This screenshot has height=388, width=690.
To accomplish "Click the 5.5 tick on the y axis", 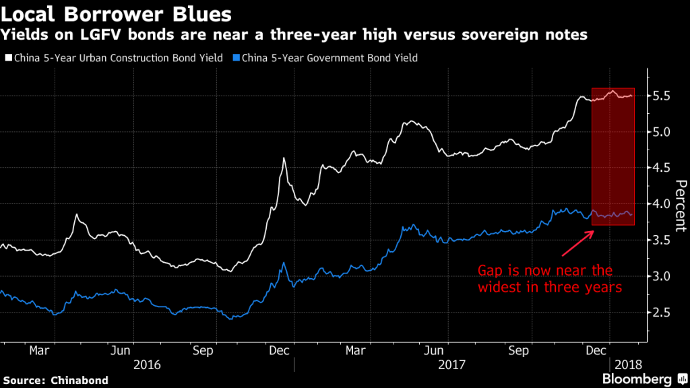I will (660, 96).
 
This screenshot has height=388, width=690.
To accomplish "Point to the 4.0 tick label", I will (660, 203).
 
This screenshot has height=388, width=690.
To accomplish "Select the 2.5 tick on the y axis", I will (660, 312).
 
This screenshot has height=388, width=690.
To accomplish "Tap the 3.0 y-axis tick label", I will (660, 276).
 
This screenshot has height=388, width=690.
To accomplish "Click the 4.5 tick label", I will (660, 168).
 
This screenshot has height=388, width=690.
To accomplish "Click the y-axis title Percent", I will (680, 205).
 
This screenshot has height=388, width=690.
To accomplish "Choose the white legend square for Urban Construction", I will (9, 58).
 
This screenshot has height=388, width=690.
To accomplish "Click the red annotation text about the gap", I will (545, 279).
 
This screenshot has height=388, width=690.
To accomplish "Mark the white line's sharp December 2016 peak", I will (284, 158).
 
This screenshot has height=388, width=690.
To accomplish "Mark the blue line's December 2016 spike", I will (284, 263).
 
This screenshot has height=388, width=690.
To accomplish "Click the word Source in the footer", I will (26, 381).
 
